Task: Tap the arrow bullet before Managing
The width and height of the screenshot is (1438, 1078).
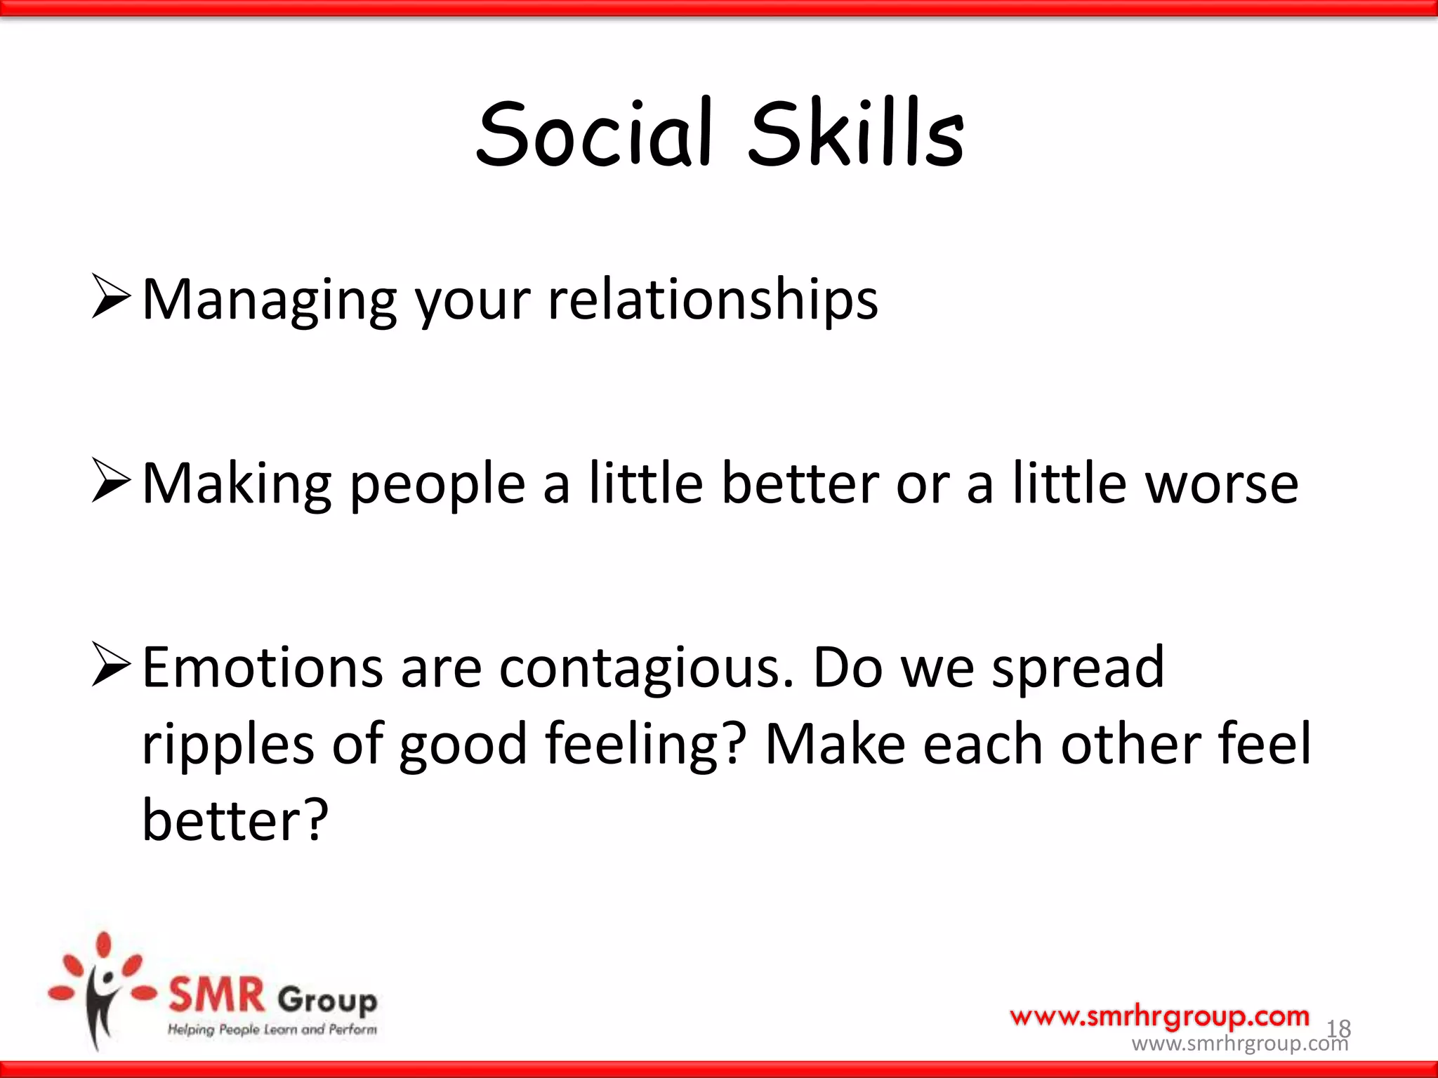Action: point(111,297)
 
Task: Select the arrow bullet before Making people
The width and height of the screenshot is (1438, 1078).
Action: point(111,481)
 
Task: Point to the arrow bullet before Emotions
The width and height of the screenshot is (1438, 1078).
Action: point(111,665)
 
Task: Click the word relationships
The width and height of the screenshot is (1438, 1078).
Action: point(712,300)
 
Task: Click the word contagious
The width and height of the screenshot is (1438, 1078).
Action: point(646,668)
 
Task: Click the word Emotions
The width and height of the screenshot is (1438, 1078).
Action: point(263,668)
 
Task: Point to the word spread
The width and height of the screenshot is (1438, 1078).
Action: point(1078,668)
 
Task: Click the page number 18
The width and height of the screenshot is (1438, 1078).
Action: point(1338,1029)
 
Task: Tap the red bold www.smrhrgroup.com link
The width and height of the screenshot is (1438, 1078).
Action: point(1159,1016)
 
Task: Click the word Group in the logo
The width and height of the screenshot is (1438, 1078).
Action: point(327,999)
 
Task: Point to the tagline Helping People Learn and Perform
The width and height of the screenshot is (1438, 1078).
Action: point(272,1030)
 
